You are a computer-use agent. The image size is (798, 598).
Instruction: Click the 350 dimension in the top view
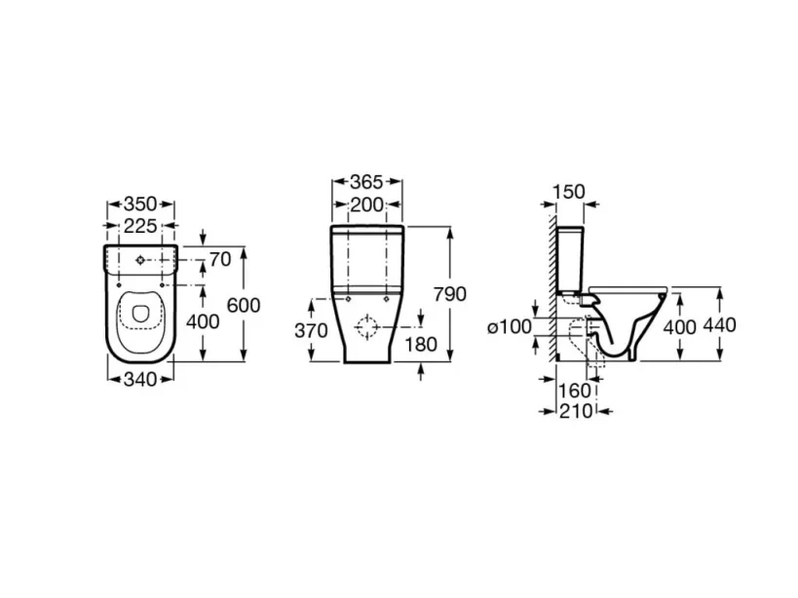(x=140, y=205)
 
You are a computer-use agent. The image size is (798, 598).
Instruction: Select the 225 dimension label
(x=140, y=225)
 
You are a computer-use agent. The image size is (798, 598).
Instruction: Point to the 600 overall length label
(x=244, y=305)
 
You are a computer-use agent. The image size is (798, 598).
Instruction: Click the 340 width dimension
(x=140, y=380)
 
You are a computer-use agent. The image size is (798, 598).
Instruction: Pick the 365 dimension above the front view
(x=366, y=182)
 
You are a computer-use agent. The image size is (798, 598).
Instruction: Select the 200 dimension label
(x=366, y=204)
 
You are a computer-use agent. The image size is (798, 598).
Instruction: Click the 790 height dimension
(x=451, y=294)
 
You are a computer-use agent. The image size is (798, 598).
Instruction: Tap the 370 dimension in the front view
(x=311, y=330)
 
